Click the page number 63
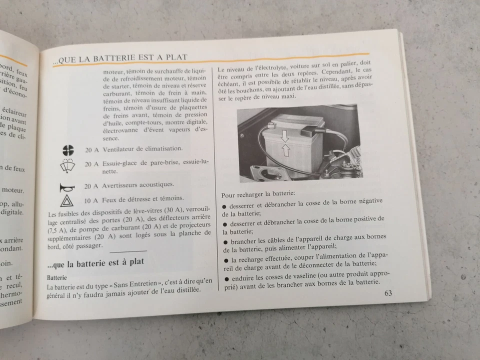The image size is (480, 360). (388, 293)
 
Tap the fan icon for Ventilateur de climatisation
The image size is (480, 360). (68, 149)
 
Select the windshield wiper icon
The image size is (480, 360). (68, 165)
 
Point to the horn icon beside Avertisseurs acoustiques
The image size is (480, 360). (67, 187)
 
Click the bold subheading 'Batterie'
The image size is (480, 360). (56, 277)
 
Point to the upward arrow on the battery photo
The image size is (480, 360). (286, 149)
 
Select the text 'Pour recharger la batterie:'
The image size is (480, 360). (258, 193)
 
